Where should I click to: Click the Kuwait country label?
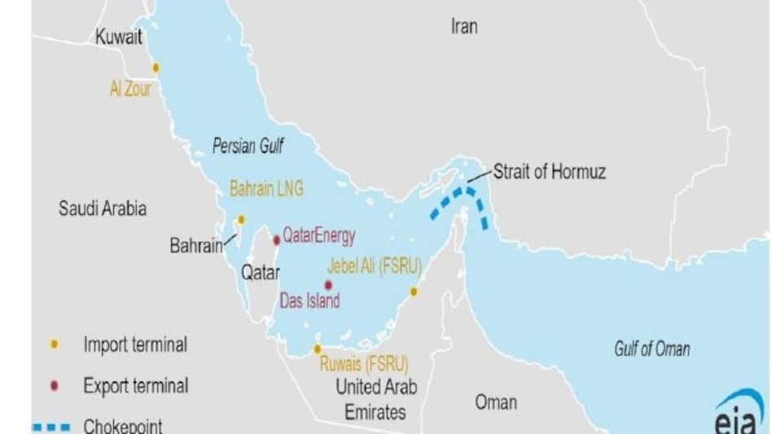[x=119, y=37]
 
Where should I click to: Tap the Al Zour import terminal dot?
[x=156, y=68]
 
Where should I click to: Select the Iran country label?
[x=464, y=27]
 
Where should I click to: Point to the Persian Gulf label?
[x=248, y=147]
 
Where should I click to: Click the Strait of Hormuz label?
[x=549, y=172]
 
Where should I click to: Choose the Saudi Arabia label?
[x=103, y=208]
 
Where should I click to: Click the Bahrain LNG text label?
[x=266, y=189]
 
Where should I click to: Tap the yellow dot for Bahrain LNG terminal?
[x=241, y=219]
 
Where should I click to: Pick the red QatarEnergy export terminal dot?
[x=277, y=239]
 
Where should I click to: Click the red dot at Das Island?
[x=328, y=285]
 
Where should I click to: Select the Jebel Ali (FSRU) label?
[x=372, y=265]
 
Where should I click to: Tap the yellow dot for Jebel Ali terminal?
[x=414, y=291]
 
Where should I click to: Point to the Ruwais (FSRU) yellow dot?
[x=318, y=349]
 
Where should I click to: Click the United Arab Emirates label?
[x=375, y=399]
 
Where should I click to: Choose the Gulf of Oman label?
[x=651, y=349]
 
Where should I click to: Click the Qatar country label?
[x=260, y=273]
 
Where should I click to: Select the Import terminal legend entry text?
[x=135, y=344]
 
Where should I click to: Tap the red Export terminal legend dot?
[x=55, y=386]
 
